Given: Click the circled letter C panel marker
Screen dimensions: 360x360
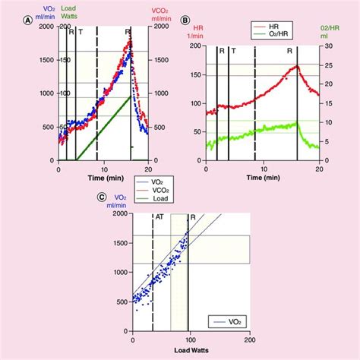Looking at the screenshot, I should [100, 200].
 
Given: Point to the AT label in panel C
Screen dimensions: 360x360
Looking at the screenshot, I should [159, 216].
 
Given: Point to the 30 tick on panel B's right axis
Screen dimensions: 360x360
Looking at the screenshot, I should [325, 46].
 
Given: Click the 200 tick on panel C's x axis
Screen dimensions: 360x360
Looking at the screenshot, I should [249, 339].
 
